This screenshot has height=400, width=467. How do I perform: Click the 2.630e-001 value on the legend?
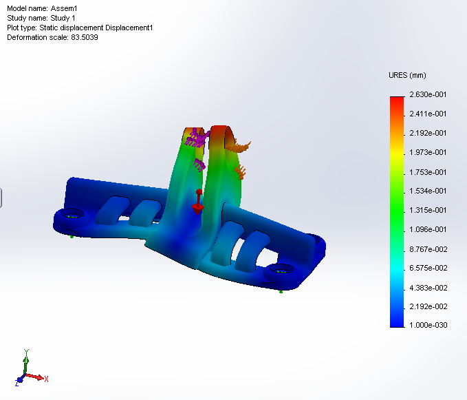(428, 94)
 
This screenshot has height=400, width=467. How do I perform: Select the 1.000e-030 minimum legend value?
(428, 326)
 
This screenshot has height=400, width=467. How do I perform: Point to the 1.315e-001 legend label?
(428, 210)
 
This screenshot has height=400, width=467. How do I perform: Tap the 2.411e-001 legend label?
(428, 114)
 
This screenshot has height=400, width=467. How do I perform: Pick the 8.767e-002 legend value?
(428, 249)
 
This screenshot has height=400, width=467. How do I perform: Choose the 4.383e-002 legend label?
(428, 287)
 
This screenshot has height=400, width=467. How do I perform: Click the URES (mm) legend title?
(409, 74)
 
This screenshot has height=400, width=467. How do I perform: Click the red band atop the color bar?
(397, 100)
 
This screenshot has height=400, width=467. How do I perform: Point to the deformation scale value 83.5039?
(84, 37)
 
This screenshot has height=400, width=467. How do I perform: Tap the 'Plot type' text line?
(80, 28)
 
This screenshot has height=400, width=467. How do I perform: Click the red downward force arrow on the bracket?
(197, 204)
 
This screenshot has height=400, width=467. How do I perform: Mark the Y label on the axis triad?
(25, 352)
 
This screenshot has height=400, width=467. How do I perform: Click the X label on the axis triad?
(46, 379)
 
